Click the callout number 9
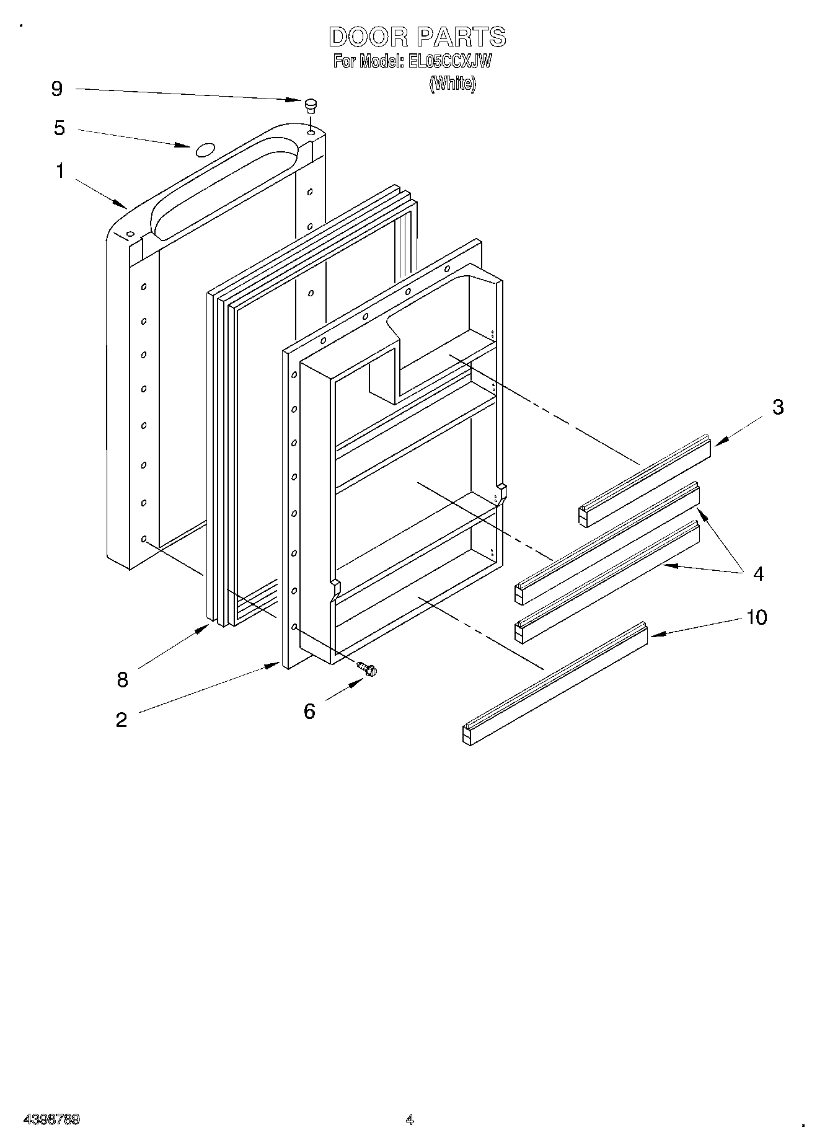[x=56, y=89]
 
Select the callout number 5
[x=60, y=128]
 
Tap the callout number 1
[x=60, y=170]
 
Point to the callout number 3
[x=778, y=407]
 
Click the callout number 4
[x=758, y=573]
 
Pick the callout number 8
[x=122, y=680]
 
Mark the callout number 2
[x=121, y=720]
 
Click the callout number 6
[x=309, y=711]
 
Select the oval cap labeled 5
[x=205, y=149]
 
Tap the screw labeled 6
[x=368, y=669]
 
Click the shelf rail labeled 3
[x=645, y=480]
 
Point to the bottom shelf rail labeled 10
[x=555, y=684]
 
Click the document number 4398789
[x=51, y=1119]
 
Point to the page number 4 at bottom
[x=409, y=1119]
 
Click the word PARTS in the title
[x=461, y=37]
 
